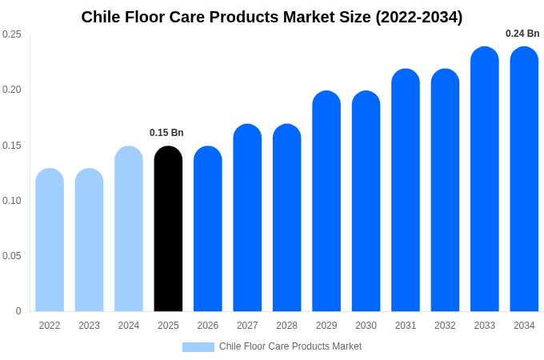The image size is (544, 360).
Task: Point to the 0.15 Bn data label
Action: click(x=166, y=133)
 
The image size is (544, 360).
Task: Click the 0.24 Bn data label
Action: click(x=522, y=34)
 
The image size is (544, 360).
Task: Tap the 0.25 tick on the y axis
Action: click(x=12, y=34)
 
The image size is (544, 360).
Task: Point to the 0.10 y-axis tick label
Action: click(x=12, y=201)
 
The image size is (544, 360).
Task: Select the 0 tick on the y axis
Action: click(x=18, y=311)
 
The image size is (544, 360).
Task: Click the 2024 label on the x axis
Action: click(x=129, y=326)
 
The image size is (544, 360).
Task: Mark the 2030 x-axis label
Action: click(x=366, y=326)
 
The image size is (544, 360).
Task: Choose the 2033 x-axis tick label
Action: click(x=485, y=326)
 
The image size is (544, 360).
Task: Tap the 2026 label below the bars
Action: click(x=208, y=326)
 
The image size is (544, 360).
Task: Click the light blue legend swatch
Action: click(x=198, y=347)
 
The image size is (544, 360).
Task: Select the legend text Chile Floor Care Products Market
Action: click(x=290, y=346)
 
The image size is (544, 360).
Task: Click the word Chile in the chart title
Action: click(x=101, y=17)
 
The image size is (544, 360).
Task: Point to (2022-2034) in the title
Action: click(x=418, y=17)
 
